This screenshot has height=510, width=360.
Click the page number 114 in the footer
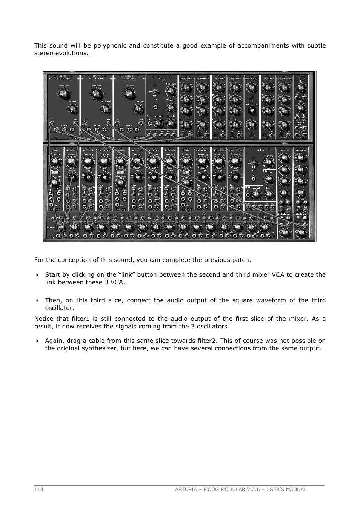click(x=38, y=489)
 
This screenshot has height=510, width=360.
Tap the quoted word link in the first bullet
click(x=128, y=275)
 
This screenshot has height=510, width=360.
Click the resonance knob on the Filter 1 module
click(x=73, y=109)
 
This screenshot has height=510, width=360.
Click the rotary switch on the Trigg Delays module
click(x=251, y=110)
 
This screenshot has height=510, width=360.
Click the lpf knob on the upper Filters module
click(x=301, y=88)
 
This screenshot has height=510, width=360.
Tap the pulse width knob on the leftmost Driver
click(x=55, y=183)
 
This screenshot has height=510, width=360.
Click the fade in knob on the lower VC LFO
click(x=269, y=194)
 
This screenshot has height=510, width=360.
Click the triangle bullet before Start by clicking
click(x=37, y=275)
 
